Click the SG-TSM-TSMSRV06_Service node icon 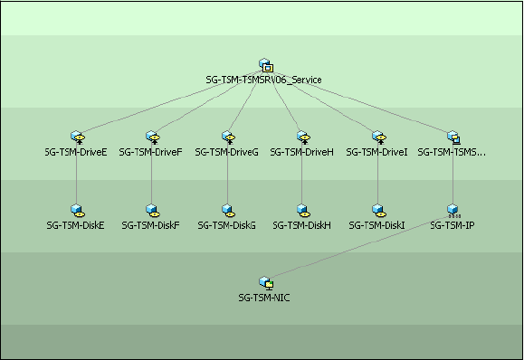click(266, 65)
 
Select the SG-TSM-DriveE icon click(78, 137)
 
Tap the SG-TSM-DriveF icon click(153, 137)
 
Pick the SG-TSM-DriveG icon click(229, 137)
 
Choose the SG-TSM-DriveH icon click(304, 137)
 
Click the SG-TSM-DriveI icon click(379, 137)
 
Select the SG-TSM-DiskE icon click(78, 211)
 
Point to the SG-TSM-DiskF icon click(153, 211)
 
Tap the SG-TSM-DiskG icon click(229, 211)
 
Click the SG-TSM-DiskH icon click(304, 211)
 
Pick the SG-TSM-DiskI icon click(379, 211)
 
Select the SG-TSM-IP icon click(453, 211)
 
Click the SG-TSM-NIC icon click(266, 283)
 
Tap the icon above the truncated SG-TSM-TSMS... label click(454, 137)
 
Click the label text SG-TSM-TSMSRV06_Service click(263, 80)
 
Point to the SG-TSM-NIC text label click(264, 298)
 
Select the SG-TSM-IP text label click(453, 225)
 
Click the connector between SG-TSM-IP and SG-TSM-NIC click(362, 248)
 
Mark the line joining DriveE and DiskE click(77, 174)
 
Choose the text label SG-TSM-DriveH click(301, 152)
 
